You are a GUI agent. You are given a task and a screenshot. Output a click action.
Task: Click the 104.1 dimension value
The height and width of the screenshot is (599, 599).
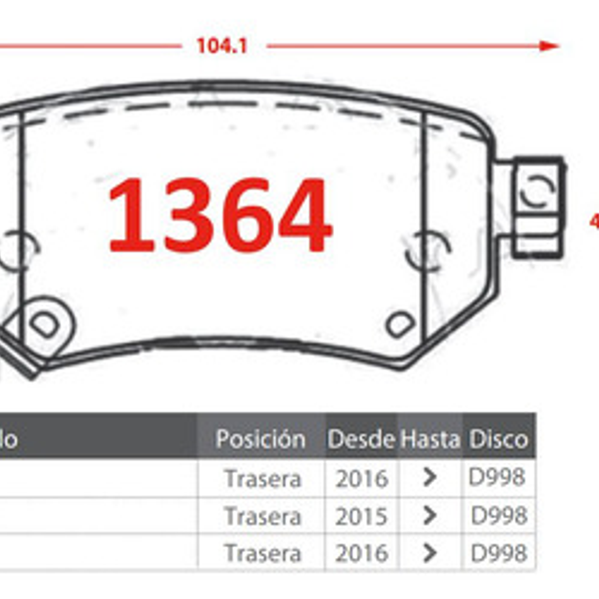[221, 46]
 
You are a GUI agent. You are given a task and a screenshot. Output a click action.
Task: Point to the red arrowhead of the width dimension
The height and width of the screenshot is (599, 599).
[549, 46]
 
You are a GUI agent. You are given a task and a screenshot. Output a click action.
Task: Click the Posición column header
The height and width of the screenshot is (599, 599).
[261, 439]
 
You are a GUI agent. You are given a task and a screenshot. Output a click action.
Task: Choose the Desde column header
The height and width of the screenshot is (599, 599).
[361, 439]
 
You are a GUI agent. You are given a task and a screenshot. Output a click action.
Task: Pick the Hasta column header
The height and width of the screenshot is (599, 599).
[430, 439]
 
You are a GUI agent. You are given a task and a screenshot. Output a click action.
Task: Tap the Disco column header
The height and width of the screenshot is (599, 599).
[498, 439]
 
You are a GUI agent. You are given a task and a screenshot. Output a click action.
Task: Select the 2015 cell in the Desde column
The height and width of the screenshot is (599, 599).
[362, 517]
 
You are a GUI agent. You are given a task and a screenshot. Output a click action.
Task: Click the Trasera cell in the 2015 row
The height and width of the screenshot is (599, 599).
[263, 517]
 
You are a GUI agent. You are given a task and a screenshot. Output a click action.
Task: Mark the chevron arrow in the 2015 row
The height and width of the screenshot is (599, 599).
[429, 516]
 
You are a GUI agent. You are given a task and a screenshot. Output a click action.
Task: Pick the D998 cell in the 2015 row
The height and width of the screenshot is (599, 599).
[499, 515]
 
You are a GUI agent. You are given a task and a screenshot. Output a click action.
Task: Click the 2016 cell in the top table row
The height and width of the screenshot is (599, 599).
[362, 479]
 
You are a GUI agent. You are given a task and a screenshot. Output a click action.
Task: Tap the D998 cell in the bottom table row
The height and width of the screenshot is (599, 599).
[499, 553]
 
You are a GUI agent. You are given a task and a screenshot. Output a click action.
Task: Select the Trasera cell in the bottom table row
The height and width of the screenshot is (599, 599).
[263, 554]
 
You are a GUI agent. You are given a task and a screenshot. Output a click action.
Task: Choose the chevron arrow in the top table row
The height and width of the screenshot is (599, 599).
[429, 477]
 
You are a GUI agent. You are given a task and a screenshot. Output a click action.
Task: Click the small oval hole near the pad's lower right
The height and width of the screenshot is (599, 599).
[400, 324]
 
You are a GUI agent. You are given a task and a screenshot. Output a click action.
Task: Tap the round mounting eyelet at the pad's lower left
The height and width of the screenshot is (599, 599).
[44, 325]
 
